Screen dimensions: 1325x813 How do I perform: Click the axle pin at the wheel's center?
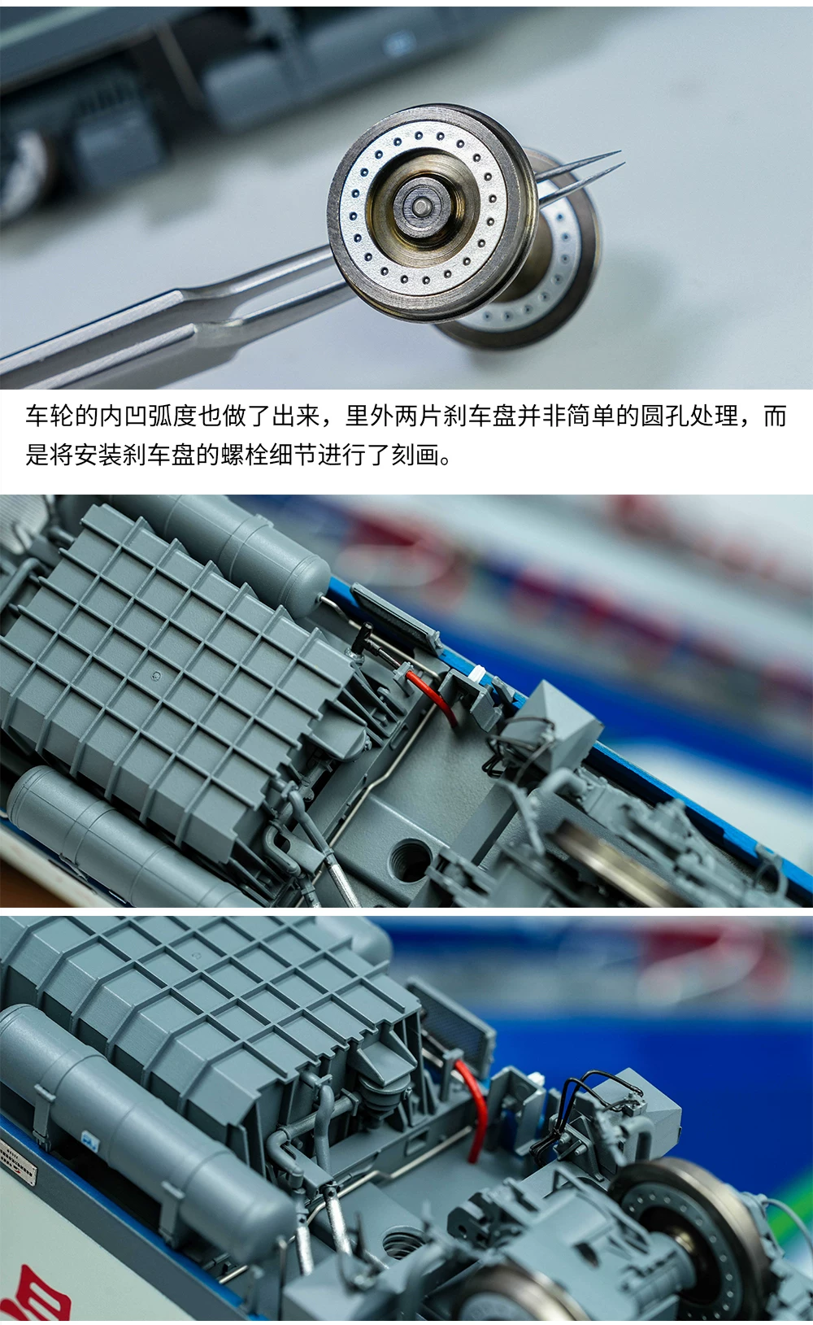(x=420, y=207)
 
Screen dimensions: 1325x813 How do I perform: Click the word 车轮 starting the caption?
(x=50, y=416)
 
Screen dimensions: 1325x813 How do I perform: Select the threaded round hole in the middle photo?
(x=409, y=859)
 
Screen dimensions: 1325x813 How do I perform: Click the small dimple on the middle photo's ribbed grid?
(x=156, y=674)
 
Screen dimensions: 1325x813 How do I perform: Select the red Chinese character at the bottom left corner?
(x=37, y=1293)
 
